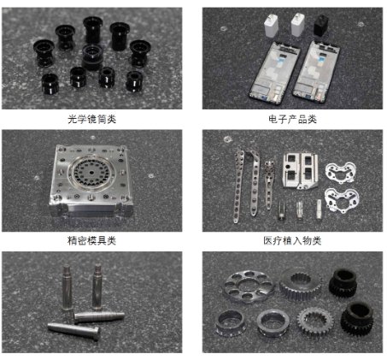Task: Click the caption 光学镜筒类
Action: click(92, 119)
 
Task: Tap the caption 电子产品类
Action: click(292, 119)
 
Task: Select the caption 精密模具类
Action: click(91, 240)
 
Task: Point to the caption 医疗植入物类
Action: click(292, 240)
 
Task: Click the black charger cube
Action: click(321, 25)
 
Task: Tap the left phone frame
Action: click(274, 72)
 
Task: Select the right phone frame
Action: click(317, 72)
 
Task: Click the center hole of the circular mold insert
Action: click(91, 173)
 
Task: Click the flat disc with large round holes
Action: click(248, 286)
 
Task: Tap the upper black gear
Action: click(343, 282)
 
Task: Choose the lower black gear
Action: click(358, 318)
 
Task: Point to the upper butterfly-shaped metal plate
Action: click(340, 172)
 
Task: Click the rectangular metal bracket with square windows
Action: click(300, 171)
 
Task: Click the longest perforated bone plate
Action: click(238, 185)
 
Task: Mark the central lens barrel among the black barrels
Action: click(92, 57)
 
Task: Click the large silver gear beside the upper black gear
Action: click(301, 285)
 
